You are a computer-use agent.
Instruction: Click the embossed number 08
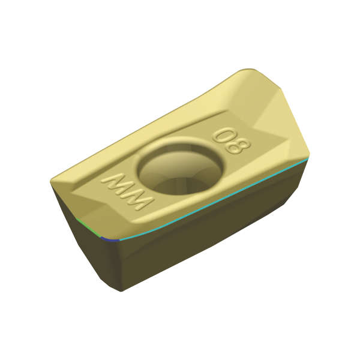point(232,141)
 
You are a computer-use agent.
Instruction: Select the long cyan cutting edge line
point(214,200)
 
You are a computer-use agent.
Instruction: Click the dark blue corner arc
point(110,239)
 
